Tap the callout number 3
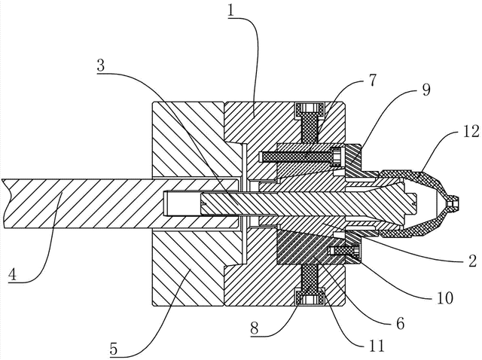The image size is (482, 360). [x=101, y=65]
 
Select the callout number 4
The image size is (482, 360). [x=12, y=275]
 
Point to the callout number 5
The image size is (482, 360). [x=114, y=349]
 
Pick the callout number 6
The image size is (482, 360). [x=400, y=323]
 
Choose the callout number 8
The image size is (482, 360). [x=255, y=328]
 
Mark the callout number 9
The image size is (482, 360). [x=426, y=89]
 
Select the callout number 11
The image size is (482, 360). [x=377, y=346]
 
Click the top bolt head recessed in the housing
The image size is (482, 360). [x=310, y=110]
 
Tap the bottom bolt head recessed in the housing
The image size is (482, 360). [x=310, y=297]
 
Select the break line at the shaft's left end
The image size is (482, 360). [x=6, y=203]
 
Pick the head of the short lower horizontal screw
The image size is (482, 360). [x=356, y=250]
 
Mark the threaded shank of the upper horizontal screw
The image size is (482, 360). [x=296, y=157]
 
